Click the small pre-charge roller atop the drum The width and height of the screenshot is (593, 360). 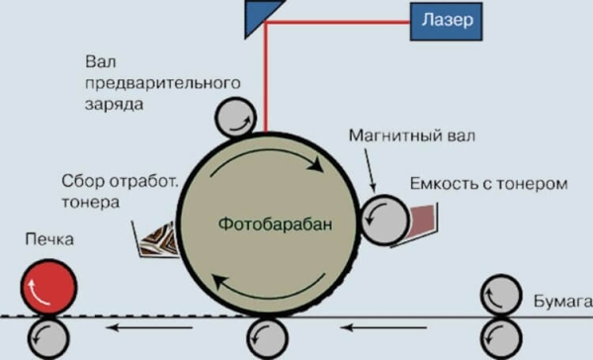(x=236, y=118)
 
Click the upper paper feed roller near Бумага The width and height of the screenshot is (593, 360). (x=502, y=296)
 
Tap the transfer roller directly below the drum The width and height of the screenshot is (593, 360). (x=267, y=337)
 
